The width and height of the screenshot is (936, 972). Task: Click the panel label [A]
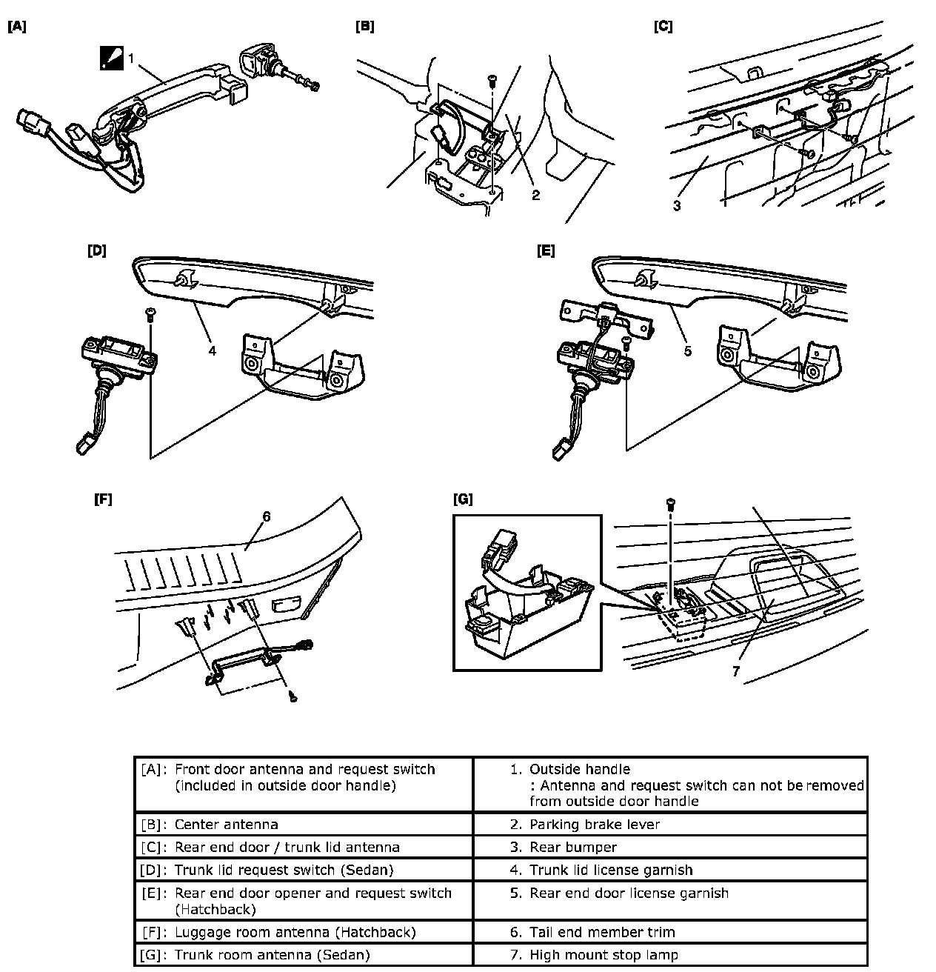tap(17, 27)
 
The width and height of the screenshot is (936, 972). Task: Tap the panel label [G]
tap(463, 499)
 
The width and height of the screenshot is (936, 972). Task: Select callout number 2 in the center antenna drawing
tap(535, 196)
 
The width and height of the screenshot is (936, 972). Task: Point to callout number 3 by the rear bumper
tap(677, 206)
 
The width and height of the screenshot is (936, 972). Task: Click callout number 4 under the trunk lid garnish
tap(213, 350)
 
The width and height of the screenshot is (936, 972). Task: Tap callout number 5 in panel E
tap(688, 351)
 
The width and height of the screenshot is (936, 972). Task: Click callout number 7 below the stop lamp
tap(735, 671)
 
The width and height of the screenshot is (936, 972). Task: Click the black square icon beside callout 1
tap(112, 58)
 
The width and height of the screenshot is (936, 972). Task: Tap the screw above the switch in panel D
tap(150, 313)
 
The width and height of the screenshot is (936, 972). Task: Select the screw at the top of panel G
tap(670, 504)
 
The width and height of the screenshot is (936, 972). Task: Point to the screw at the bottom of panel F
tap(293, 696)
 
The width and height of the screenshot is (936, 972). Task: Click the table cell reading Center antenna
tap(227, 824)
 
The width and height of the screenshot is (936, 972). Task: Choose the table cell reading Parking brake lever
tap(594, 824)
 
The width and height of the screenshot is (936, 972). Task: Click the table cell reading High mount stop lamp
tap(604, 955)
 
